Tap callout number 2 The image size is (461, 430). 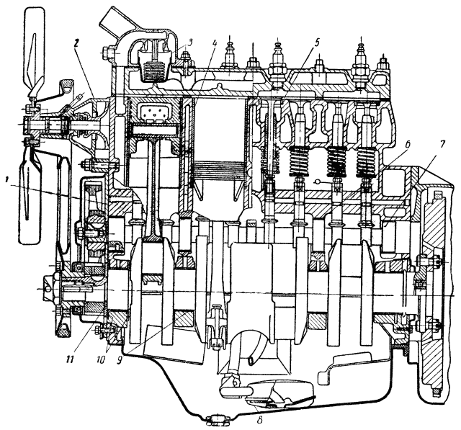[76, 43]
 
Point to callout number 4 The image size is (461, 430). [215, 43]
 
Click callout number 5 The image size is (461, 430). [316, 42]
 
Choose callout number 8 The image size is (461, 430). [259, 420]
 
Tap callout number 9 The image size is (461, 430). [119, 360]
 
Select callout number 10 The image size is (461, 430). [100, 360]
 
